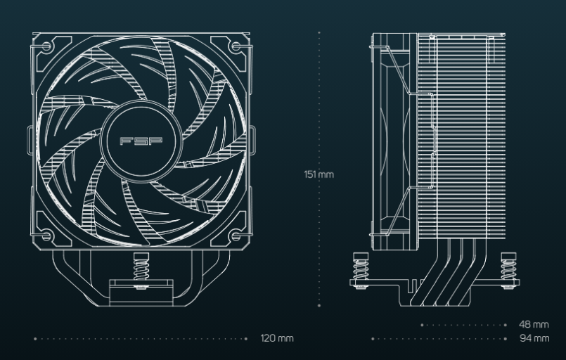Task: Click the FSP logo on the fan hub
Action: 141,141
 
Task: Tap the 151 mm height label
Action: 319,174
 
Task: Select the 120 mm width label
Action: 277,338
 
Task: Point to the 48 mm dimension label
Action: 534,324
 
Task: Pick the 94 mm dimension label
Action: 534,338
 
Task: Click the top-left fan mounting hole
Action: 46,46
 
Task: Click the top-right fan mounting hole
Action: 236,46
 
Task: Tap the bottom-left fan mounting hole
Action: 46,236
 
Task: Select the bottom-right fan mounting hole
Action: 236,236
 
